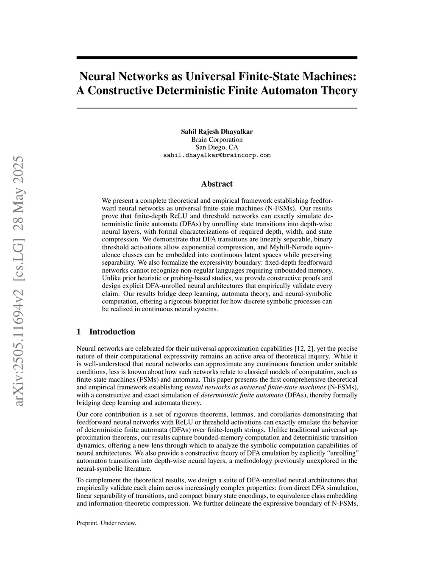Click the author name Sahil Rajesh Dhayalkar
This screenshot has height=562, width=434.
point(217,131)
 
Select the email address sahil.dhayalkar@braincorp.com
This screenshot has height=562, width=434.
point(217,155)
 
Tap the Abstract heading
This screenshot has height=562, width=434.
point(217,184)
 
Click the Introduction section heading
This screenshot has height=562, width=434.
point(112,332)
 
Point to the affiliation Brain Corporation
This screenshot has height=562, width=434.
point(217,140)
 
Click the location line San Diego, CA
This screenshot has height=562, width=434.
point(217,147)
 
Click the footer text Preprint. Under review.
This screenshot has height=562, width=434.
point(106,523)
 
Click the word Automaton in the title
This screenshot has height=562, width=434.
point(285,90)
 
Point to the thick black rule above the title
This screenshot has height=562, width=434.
point(217,57)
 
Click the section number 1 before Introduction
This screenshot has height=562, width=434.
point(79,332)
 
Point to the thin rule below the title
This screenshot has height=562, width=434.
point(217,108)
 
